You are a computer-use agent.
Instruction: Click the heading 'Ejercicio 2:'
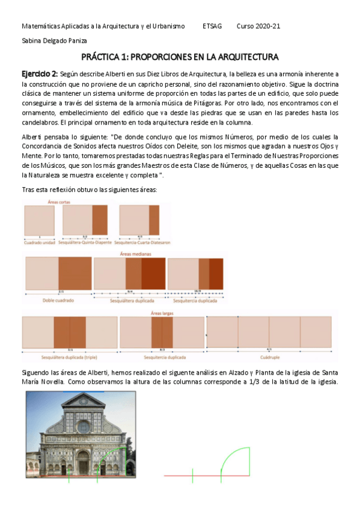click(40, 73)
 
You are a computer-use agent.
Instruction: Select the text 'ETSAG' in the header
click(212, 26)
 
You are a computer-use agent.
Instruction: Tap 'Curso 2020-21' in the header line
click(258, 26)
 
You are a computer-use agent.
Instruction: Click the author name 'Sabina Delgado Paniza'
click(54, 41)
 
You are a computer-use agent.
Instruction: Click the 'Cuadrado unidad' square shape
click(39, 220)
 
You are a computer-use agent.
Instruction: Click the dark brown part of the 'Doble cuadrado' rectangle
click(75, 274)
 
